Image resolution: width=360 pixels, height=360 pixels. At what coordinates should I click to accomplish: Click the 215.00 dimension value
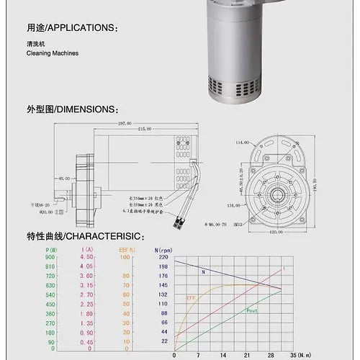coord(144,129)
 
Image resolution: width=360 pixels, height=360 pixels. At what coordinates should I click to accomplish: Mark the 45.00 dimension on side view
coord(65,178)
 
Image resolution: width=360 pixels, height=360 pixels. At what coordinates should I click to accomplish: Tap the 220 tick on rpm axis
coord(162,257)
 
